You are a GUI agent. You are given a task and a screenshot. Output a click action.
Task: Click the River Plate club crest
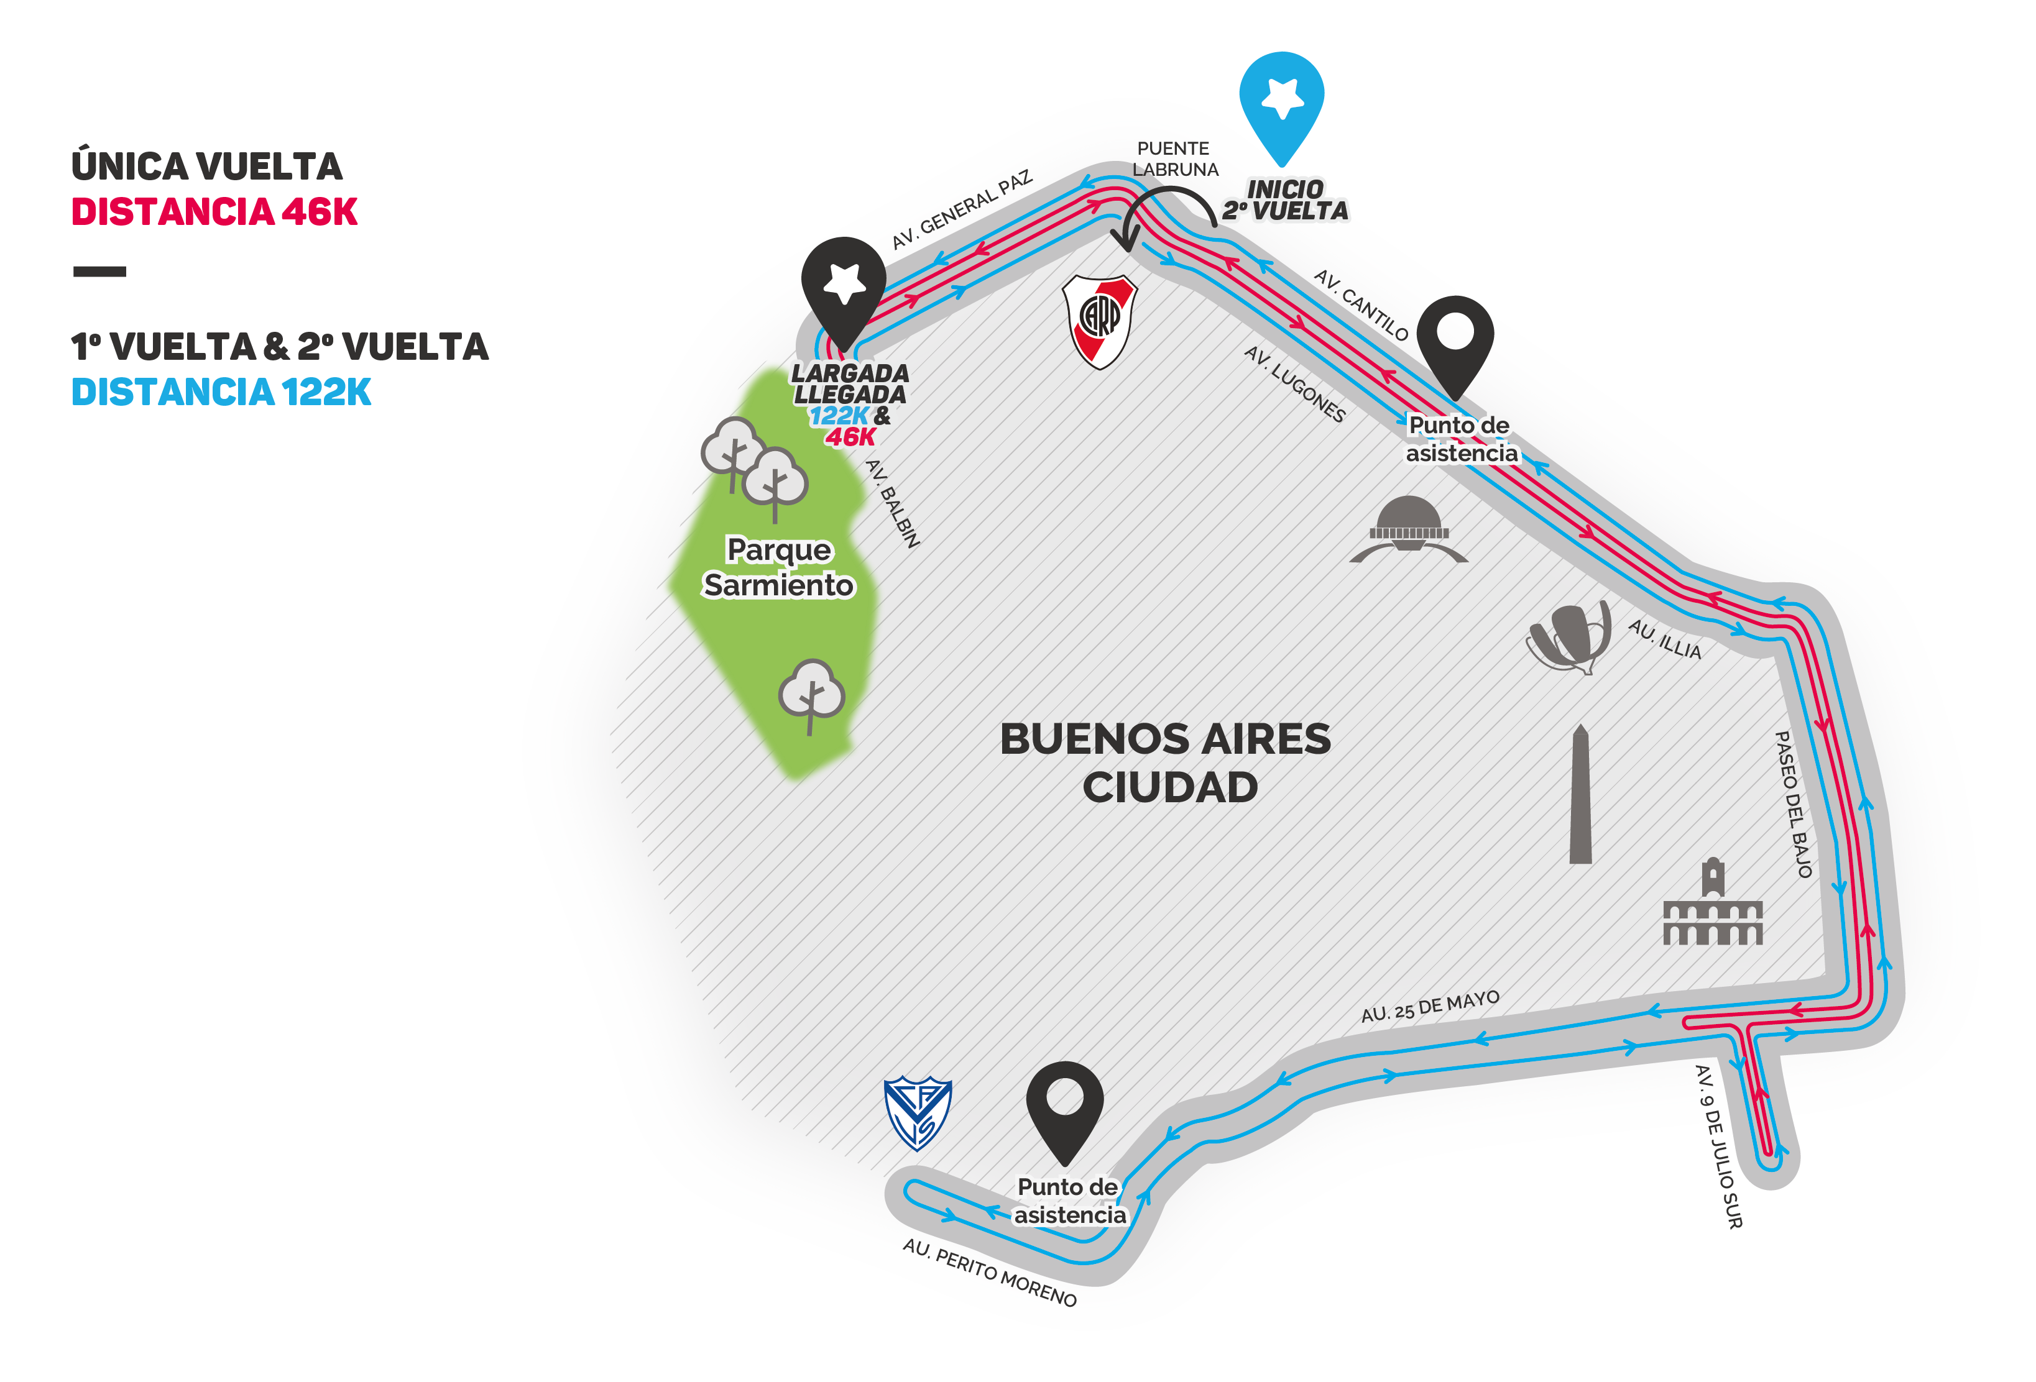pyautogui.click(x=1100, y=321)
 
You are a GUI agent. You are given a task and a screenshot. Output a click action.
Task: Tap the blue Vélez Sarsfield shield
pyautogui.click(x=917, y=1113)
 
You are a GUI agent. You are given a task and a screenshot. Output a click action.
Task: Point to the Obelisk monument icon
pyautogui.click(x=1580, y=794)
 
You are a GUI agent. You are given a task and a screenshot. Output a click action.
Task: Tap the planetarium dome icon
pyautogui.click(x=1409, y=529)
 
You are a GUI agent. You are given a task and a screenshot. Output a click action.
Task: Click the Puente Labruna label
pyautogui.click(x=1175, y=158)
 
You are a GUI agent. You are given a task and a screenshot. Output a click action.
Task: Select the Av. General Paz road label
pyautogui.click(x=962, y=210)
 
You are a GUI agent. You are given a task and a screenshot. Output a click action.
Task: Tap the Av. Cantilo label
pyautogui.click(x=1361, y=304)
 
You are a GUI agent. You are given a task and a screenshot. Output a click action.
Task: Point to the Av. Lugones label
pyautogui.click(x=1294, y=383)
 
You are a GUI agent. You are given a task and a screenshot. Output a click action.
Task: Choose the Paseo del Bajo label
pyautogui.click(x=1792, y=804)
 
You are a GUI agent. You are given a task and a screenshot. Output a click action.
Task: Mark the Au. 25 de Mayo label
pyautogui.click(x=1430, y=1006)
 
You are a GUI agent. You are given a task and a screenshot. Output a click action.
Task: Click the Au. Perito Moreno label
pyautogui.click(x=990, y=1271)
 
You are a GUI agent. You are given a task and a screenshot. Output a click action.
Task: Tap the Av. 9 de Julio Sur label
pyautogui.click(x=1718, y=1146)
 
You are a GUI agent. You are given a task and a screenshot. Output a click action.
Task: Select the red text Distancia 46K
pyautogui.click(x=214, y=212)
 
